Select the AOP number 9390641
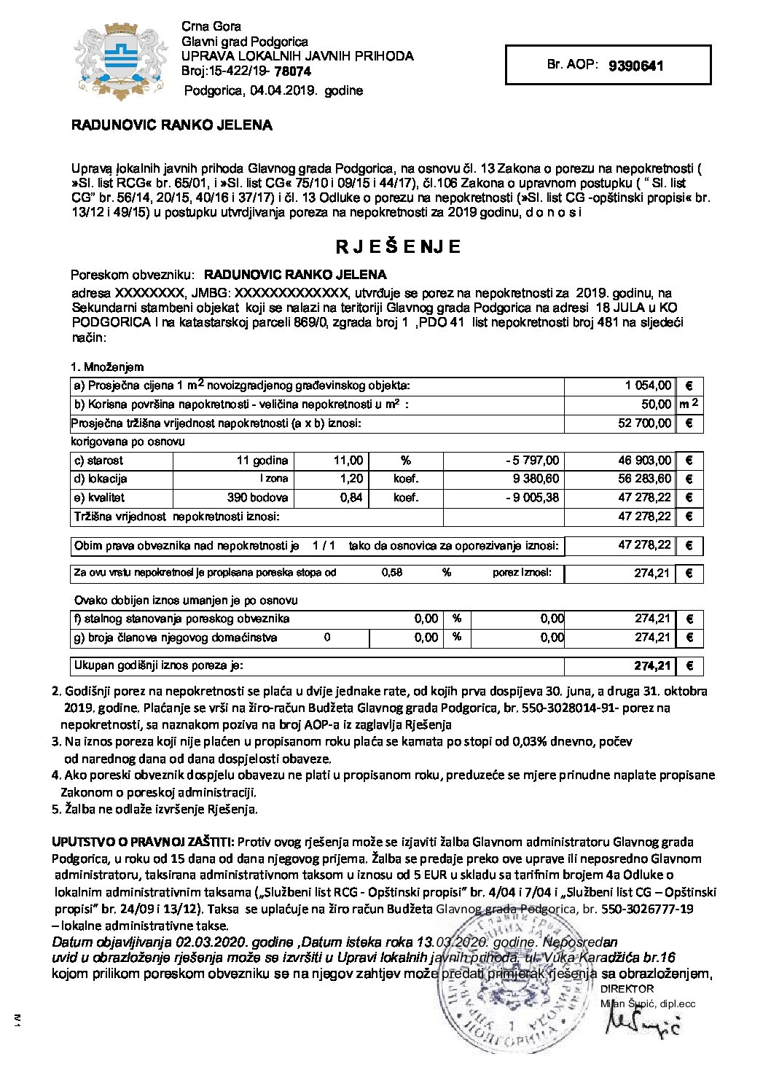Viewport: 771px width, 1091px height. (x=635, y=66)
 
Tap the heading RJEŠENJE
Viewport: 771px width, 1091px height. (x=398, y=247)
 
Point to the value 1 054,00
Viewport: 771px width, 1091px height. (x=648, y=386)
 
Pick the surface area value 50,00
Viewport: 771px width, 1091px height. (x=656, y=404)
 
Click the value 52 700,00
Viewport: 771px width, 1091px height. (x=644, y=423)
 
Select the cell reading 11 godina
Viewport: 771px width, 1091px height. (x=262, y=461)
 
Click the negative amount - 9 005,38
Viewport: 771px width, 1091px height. (x=532, y=498)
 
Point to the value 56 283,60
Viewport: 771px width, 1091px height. (x=644, y=480)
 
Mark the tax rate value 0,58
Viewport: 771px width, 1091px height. (x=392, y=573)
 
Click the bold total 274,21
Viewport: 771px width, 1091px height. (x=651, y=666)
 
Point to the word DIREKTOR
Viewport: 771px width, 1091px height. (x=627, y=989)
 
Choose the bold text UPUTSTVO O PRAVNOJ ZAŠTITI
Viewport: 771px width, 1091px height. (x=143, y=842)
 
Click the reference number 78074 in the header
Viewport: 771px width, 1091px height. (x=292, y=71)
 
